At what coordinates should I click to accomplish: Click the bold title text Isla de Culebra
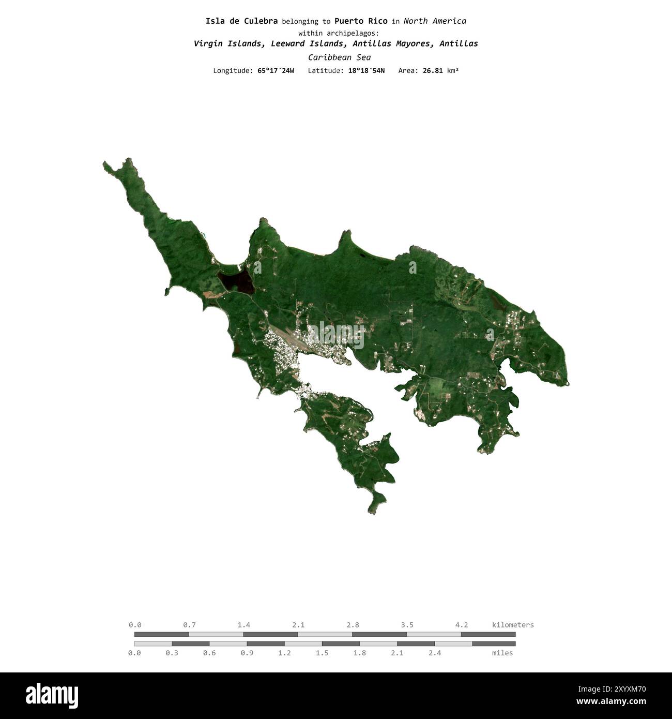coord(241,21)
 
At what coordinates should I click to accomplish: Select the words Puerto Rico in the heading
coord(361,21)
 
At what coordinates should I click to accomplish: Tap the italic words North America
coord(435,21)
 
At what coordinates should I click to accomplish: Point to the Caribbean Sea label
coord(339,57)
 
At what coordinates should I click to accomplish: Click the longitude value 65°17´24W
coord(276,70)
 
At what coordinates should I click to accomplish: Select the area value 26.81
coord(433,70)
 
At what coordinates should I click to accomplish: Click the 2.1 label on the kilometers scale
coord(298,625)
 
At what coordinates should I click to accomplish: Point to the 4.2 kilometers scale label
coord(462,625)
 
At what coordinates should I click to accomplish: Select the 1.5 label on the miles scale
coord(322,653)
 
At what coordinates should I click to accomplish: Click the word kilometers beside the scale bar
coord(513,625)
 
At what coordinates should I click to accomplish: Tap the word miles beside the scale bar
coord(502,653)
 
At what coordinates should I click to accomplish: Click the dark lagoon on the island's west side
coord(235,281)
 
